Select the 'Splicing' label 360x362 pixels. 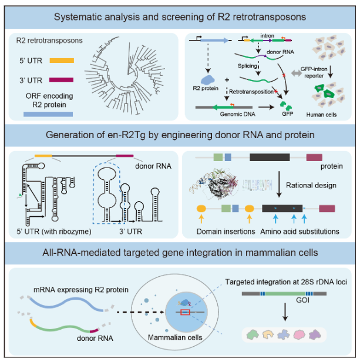248,67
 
